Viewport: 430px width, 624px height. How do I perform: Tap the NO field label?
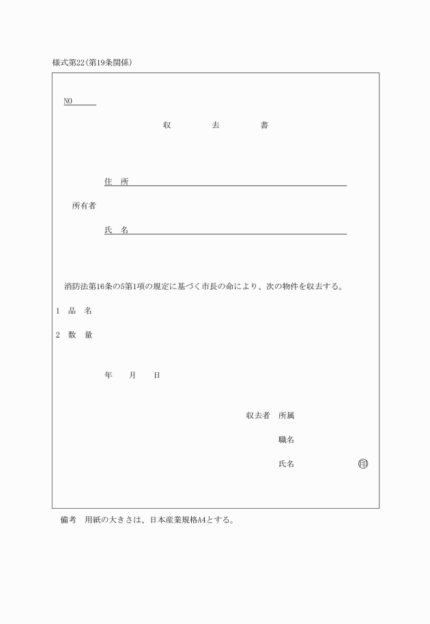point(68,102)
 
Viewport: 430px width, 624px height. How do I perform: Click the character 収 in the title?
point(167,125)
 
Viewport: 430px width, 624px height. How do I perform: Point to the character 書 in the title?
point(264,125)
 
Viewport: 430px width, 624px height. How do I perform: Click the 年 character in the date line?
point(108,375)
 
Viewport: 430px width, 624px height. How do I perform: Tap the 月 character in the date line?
point(132,375)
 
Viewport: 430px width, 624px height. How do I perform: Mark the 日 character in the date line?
point(156,375)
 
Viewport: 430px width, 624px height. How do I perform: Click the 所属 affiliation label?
point(286,415)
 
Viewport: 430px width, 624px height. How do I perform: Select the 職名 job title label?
point(286,439)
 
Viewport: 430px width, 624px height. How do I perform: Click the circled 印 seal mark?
point(362,464)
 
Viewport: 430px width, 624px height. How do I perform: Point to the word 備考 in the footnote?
point(68,520)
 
